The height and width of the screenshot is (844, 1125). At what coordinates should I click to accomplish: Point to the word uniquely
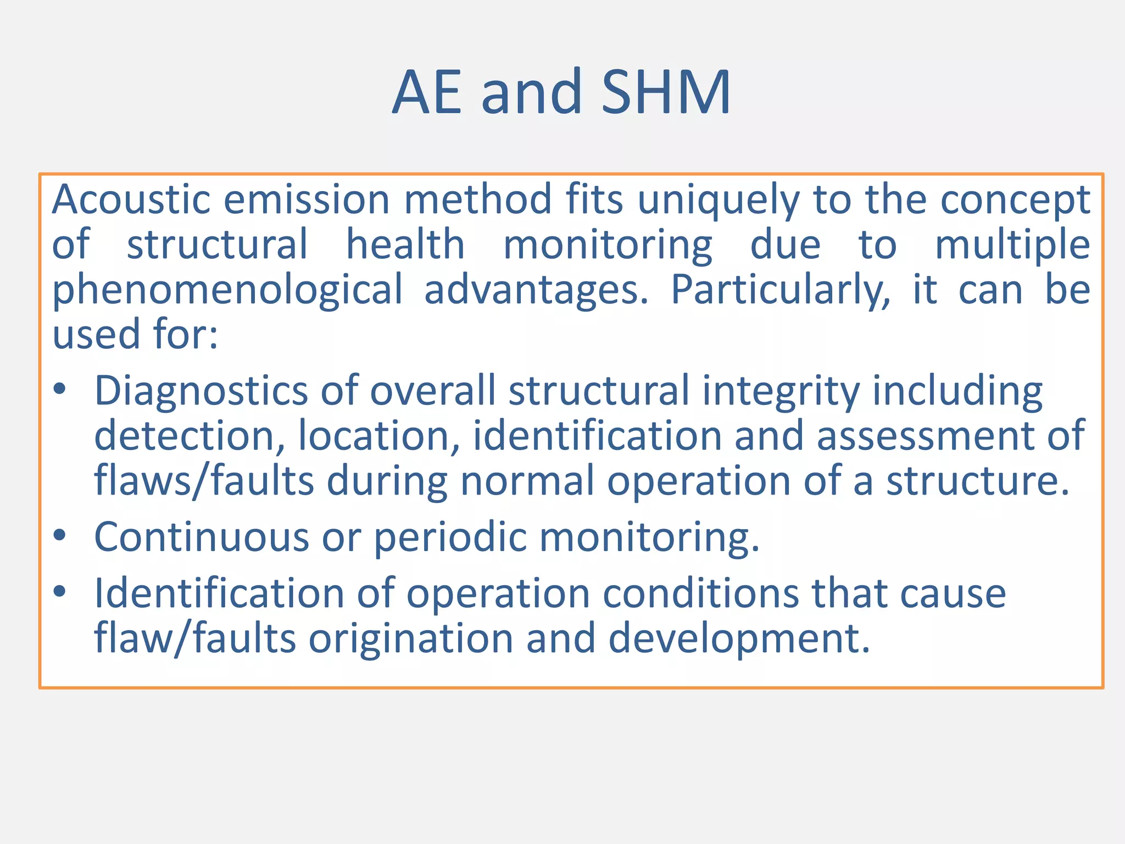pos(718,200)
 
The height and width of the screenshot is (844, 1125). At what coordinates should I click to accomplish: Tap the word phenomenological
pos(227,290)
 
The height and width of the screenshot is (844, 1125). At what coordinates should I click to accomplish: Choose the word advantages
pos(536,290)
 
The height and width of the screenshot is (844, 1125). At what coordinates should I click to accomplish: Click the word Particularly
pos(781,290)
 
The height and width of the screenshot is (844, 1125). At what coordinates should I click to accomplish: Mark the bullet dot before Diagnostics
pos(60,390)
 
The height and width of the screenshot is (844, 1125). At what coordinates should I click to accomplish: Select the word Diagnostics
pos(201,391)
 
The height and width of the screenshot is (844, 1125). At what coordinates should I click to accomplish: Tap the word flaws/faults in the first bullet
pos(204,481)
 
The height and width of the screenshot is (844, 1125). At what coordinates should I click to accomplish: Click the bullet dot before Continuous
pos(60,535)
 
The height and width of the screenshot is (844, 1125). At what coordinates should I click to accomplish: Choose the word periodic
pos(450,537)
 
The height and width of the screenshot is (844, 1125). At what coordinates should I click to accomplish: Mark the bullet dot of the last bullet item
pos(60,592)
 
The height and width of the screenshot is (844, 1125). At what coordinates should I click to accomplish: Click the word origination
pos(411,638)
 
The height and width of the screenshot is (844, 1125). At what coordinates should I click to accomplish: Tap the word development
pos(739,640)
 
